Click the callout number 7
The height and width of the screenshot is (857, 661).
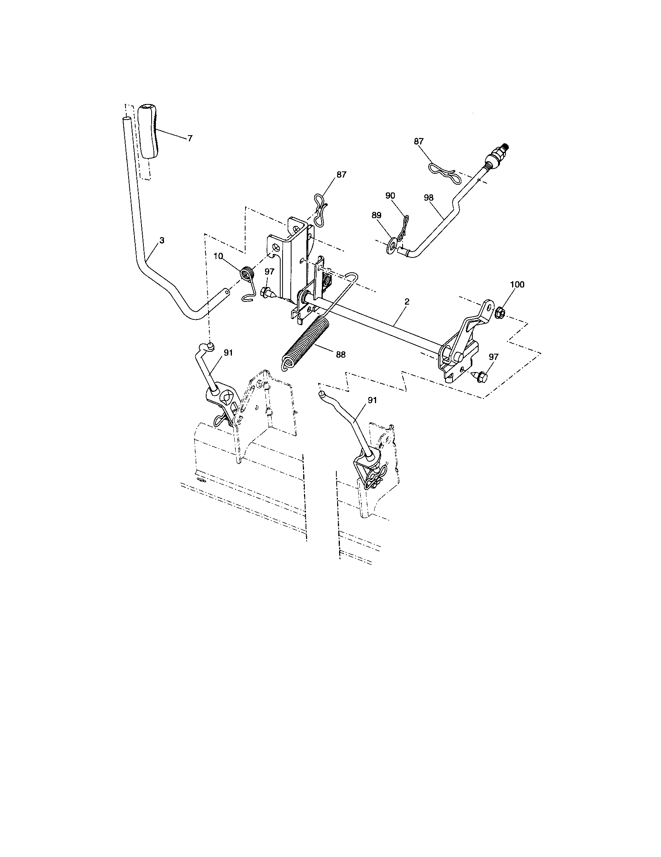[x=190, y=138]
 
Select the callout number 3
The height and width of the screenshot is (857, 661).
[x=162, y=240]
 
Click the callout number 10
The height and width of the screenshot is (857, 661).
[x=218, y=256]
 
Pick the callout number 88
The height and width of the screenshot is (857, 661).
[x=340, y=354]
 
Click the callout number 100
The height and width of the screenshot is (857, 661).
[x=517, y=284]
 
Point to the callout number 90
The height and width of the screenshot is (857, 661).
[x=390, y=196]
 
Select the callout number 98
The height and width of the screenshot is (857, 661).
[x=429, y=198]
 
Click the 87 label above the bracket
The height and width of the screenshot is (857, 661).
[x=341, y=175]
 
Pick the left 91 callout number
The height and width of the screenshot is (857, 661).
[x=228, y=353]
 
